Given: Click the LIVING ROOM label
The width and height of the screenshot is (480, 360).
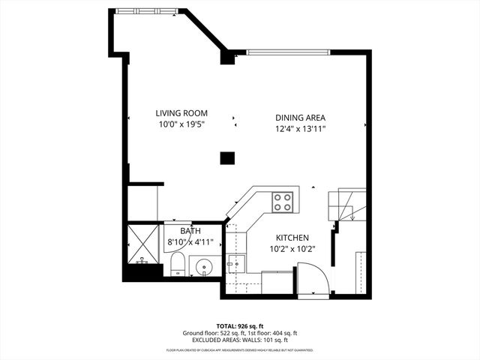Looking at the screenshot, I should pos(181,113).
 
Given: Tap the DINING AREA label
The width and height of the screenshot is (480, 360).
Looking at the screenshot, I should pos(300,118).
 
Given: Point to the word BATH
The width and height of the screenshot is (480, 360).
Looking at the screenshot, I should pos(190,232).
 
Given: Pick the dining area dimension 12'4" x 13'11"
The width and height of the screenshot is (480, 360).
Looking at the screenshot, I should pos(300,128).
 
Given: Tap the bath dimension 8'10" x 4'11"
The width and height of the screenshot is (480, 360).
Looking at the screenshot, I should pos(190,242).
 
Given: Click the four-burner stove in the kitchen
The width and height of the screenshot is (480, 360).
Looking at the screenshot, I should pos(283,202).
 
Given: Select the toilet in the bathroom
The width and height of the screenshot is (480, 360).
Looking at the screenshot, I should pos(178,263).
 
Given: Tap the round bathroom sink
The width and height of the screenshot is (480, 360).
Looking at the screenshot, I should pos(203,266).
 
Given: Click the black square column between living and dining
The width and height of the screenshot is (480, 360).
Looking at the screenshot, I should pos(226,157).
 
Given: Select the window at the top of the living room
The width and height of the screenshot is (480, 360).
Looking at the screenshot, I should pos(147,10).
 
